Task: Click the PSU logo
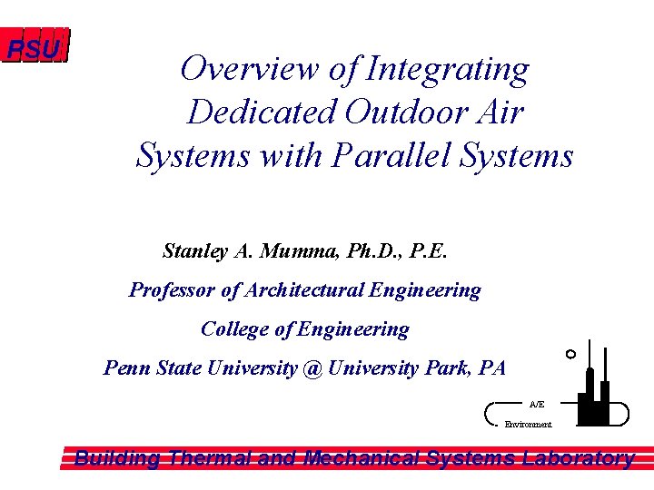coord(35,48)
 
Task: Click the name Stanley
coord(195,250)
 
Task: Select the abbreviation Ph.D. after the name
coord(372,250)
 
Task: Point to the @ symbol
coord(313,368)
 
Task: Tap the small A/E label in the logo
coord(537,404)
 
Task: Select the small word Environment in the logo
coord(528,425)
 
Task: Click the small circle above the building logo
coord(570,353)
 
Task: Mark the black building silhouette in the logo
coord(598,399)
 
